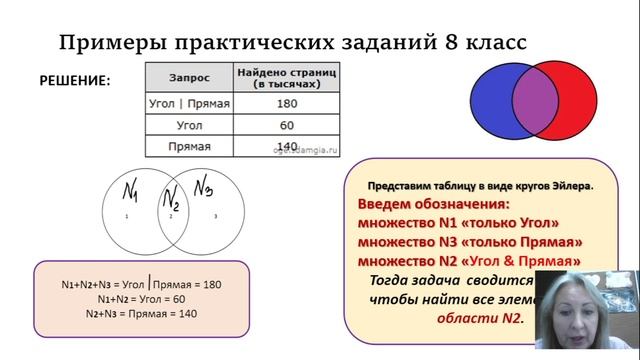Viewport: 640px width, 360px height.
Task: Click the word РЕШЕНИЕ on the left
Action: [75, 80]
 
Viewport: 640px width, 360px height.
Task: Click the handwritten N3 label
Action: [205, 186]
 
